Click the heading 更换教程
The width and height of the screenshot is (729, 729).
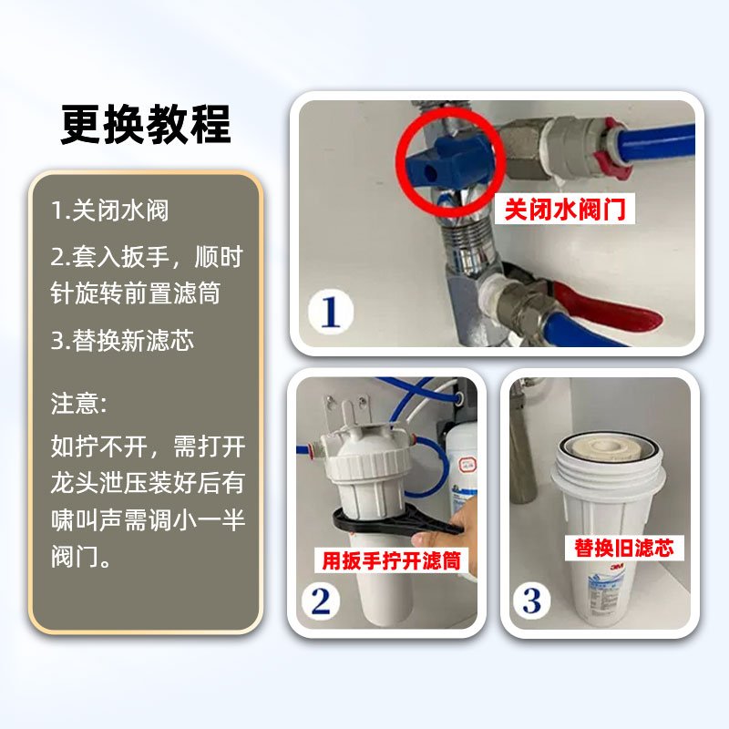[146, 125]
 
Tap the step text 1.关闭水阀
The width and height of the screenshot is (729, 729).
[109, 210]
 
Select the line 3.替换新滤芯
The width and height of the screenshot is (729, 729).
[122, 342]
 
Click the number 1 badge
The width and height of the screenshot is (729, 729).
[329, 309]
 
